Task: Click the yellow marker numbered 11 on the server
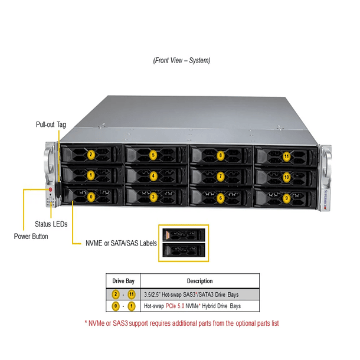point(286,156)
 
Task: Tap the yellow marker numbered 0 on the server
point(91,197)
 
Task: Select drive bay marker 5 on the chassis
point(153,155)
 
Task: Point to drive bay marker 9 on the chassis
point(286,198)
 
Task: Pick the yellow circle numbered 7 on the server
point(220,176)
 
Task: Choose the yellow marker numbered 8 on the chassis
point(220,156)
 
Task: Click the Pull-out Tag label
point(51,125)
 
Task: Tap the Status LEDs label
point(51,224)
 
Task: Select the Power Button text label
point(31,236)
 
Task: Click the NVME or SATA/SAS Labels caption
point(115,242)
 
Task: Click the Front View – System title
point(181,60)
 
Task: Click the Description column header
point(199,282)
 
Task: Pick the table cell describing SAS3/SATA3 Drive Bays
point(199,294)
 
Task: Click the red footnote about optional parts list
point(181,323)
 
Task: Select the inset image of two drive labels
point(184,243)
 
